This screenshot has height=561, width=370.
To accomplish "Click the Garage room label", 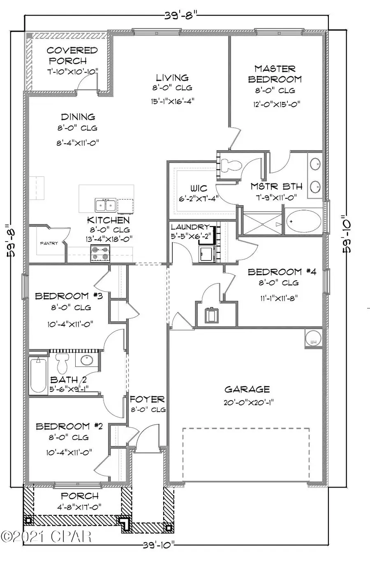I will click(247, 389).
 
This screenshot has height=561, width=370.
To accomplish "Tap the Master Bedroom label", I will click(275, 74).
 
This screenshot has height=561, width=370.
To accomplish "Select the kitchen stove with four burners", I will click(100, 253).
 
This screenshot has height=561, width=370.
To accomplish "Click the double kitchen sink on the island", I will click(106, 204).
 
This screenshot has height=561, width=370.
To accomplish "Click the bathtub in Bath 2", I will click(38, 375).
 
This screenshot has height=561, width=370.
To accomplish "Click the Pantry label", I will click(49, 243).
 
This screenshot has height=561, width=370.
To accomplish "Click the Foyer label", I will click(147, 399).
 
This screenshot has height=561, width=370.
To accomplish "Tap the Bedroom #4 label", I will click(282, 272).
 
